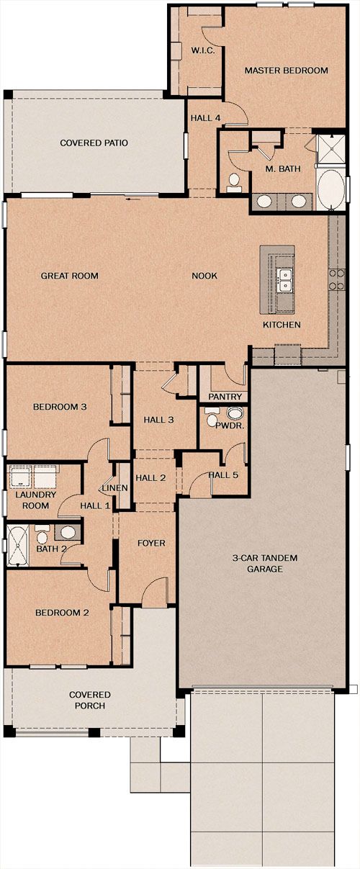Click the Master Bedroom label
[x=286, y=71]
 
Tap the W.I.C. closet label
[x=203, y=50]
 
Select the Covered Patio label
[x=94, y=143]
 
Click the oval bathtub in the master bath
[x=330, y=189]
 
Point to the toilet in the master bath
[x=233, y=183]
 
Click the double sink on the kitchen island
[x=284, y=281]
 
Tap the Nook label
[x=204, y=276]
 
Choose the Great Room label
[x=69, y=276]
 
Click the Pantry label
[x=225, y=397]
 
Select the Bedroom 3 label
[x=60, y=407]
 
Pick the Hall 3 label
[x=158, y=420]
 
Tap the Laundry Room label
[x=36, y=500]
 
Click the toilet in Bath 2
[x=42, y=536]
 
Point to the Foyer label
[x=151, y=543]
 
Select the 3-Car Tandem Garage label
[x=265, y=563]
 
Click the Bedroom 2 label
[x=62, y=613]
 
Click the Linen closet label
[x=115, y=487]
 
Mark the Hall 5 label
[x=223, y=475]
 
